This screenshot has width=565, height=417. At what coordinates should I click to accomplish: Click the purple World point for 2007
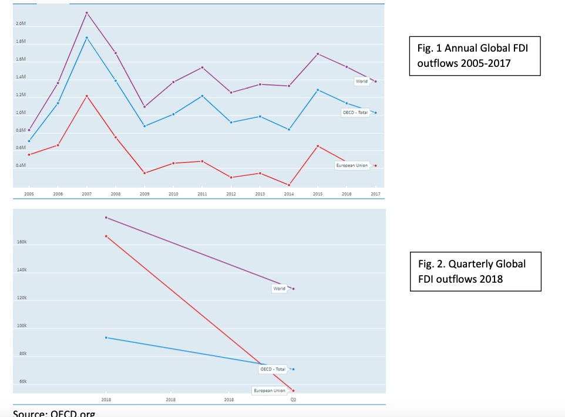tap(86, 13)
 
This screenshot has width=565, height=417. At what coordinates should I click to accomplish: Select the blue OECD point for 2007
tap(86, 38)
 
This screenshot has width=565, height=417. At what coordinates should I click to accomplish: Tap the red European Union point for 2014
tap(289, 185)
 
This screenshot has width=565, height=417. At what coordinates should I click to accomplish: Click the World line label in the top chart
tap(361, 81)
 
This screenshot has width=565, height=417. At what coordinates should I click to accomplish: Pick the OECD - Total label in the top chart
tap(355, 111)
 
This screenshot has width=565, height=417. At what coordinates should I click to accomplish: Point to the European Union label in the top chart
tap(352, 165)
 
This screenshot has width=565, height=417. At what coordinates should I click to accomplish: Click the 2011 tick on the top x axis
tap(202, 194)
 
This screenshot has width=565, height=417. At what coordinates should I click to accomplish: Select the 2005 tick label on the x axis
tap(29, 194)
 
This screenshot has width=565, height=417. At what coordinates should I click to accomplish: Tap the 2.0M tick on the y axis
tap(20, 24)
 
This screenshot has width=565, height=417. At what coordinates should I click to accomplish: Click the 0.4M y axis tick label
tap(20, 165)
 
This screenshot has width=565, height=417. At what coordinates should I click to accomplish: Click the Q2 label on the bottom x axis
tap(293, 400)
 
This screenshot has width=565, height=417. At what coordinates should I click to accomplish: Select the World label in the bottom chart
tap(279, 289)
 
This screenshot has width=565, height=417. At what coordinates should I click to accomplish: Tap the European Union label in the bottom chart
tap(270, 391)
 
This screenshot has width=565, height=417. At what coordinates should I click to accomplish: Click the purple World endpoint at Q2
tap(293, 289)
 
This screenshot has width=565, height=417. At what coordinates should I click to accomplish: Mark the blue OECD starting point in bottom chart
tap(106, 337)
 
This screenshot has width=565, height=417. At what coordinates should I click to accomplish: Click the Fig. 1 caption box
tap(474, 55)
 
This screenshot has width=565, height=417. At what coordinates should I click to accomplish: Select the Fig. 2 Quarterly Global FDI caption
tap(474, 271)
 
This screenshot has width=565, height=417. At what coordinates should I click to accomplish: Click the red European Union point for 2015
tap(318, 146)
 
